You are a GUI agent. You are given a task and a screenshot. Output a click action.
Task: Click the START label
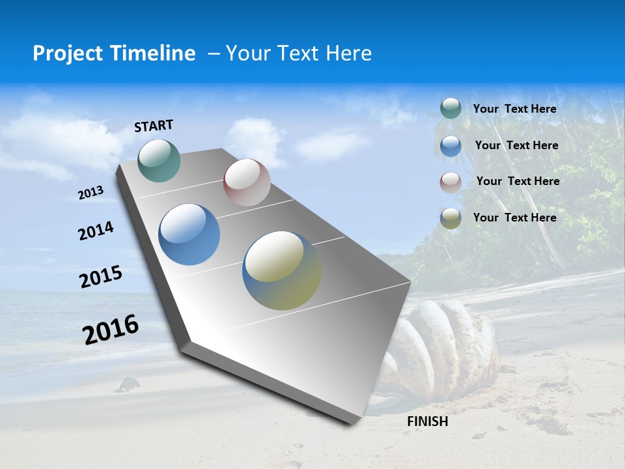click(x=154, y=126)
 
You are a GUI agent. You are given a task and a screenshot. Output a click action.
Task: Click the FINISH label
click(x=427, y=421)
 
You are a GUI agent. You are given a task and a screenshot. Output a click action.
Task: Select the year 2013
click(x=90, y=193)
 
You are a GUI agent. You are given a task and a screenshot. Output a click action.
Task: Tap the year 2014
click(x=96, y=231)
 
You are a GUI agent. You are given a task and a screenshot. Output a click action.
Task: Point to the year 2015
click(x=101, y=277)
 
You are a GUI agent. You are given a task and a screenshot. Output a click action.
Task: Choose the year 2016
click(x=111, y=329)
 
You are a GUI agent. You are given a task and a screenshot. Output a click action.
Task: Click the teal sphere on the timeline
click(x=159, y=160)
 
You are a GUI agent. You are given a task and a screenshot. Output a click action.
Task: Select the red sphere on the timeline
click(x=247, y=182)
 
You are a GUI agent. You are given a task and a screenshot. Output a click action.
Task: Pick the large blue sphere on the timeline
click(x=189, y=234)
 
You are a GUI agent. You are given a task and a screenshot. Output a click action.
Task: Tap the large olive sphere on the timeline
click(x=281, y=270)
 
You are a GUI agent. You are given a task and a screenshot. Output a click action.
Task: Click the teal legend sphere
click(x=451, y=109)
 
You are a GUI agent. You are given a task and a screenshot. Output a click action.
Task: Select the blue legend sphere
click(x=451, y=146)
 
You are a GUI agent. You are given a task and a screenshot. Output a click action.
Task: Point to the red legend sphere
click(x=451, y=182)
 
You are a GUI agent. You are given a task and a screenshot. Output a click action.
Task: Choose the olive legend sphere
click(x=451, y=218)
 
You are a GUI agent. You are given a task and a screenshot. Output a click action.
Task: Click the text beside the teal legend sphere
click(x=514, y=109)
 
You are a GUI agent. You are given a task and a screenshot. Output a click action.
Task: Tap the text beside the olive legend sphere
click(x=514, y=218)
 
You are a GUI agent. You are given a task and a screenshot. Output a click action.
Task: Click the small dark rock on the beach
click(x=128, y=385)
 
